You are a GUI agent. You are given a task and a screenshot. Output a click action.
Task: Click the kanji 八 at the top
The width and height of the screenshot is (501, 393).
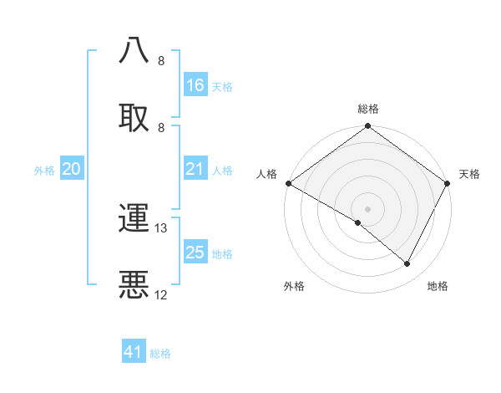pos(134,49)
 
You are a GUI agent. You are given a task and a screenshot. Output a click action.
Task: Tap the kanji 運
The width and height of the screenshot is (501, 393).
pos(134,218)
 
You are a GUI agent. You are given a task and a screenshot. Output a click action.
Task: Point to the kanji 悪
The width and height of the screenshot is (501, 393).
pos(134,284)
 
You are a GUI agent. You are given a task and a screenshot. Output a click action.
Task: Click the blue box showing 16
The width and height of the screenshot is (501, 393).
pos(195,85)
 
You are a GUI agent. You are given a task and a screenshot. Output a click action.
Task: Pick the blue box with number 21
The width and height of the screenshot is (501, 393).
pos(195,170)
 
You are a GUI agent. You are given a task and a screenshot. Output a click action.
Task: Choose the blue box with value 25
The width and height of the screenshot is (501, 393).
pos(195,253)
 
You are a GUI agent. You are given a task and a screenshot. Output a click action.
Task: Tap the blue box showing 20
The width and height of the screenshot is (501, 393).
pos(72,170)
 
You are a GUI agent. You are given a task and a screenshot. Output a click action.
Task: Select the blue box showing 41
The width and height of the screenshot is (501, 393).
pos(134,352)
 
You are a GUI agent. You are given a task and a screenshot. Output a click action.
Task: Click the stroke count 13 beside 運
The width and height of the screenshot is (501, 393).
pos(161,228)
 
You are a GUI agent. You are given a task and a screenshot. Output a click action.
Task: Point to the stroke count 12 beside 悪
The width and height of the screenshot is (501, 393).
pos(161,295)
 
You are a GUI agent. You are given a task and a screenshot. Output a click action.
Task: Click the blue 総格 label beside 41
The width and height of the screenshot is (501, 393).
pos(160,354)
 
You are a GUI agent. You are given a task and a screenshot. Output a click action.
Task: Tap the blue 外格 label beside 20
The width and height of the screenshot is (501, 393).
pos(44,171)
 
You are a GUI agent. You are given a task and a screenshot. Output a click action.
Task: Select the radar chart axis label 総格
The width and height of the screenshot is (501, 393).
pos(368,109)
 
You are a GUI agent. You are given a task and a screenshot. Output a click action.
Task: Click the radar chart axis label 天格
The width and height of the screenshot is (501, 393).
pos(469,174)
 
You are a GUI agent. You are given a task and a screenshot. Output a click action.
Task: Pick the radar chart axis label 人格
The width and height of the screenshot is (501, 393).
pos(266,174)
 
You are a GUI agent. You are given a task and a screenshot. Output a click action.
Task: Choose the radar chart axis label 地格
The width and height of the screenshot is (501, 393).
pos(438,286)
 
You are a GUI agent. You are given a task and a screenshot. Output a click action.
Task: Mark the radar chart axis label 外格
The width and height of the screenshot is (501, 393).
pos(294,286)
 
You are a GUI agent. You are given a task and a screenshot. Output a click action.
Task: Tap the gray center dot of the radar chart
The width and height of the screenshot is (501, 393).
pos(367,209)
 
